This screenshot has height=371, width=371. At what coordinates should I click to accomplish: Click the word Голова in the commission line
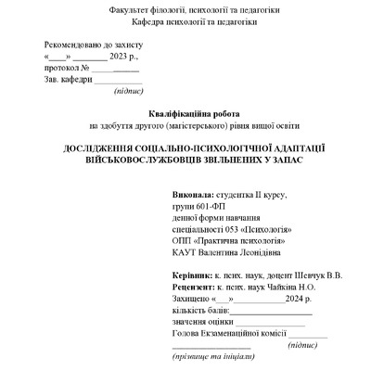point(188,332)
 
